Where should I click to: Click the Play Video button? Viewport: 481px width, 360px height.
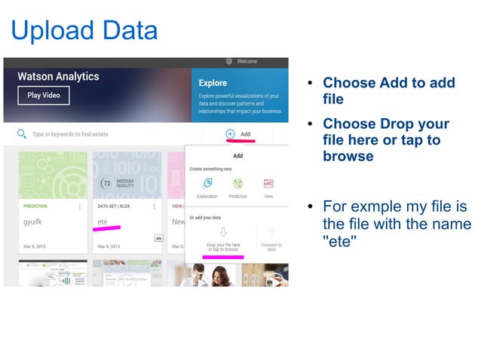44,96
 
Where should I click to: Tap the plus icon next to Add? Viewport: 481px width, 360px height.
230,134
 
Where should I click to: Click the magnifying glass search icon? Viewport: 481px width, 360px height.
21,134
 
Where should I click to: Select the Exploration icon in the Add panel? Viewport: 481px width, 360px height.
207,184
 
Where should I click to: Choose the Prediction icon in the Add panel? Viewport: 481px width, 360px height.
237,184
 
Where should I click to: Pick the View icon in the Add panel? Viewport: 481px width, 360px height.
268,184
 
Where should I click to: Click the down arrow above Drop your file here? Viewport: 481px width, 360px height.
223,232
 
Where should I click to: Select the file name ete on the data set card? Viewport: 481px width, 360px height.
103,222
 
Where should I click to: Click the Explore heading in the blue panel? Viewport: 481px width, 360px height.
213,83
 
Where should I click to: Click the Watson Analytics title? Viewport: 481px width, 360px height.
58,77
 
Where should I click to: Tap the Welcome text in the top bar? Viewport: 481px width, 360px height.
248,62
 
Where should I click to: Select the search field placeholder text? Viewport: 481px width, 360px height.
69,135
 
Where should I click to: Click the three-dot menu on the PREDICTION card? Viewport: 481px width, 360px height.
80,206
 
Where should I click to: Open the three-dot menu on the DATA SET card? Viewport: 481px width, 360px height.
154,206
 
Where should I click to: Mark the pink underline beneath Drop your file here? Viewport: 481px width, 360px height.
223,257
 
